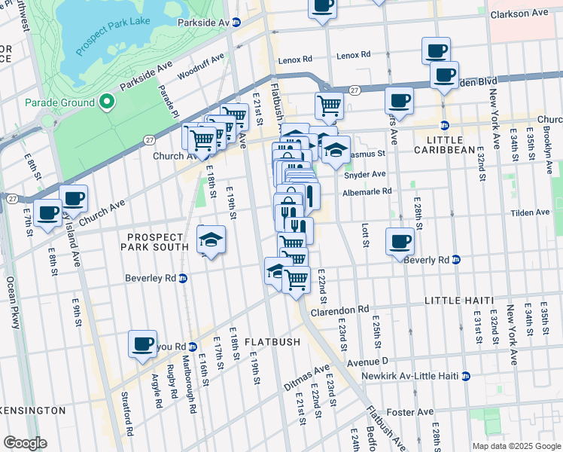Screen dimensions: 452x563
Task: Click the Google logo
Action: click(x=25, y=443)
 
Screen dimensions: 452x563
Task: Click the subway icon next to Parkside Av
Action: click(x=236, y=23)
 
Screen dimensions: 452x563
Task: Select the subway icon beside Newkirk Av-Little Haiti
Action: click(x=466, y=376)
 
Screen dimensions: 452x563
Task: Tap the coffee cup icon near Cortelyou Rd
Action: click(x=142, y=344)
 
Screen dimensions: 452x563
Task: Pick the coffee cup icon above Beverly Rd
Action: click(x=400, y=241)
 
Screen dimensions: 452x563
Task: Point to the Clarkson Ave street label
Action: click(x=519, y=14)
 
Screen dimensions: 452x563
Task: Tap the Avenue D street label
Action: click(x=367, y=362)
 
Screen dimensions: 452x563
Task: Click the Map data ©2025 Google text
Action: click(x=515, y=445)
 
